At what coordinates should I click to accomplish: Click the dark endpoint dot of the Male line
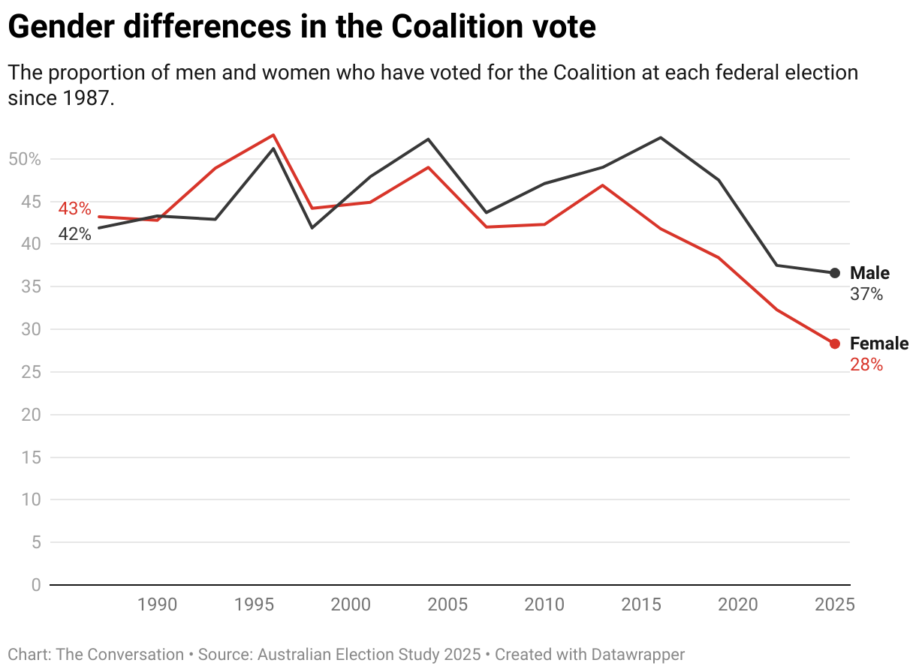pos(835,273)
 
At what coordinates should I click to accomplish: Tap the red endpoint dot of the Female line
pos(835,343)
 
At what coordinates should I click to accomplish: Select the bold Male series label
pos(869,273)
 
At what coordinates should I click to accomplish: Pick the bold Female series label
pos(878,343)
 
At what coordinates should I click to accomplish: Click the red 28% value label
pos(866,365)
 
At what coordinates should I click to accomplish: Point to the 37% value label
pos(866,295)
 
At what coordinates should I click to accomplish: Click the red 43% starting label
pos(74,208)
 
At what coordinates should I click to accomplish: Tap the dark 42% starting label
pos(74,234)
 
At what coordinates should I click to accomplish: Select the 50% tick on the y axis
pos(24,159)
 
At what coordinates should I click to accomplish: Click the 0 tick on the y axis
pos(36,584)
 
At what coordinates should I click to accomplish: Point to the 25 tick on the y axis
pos(30,372)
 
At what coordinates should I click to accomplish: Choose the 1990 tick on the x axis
pos(157,604)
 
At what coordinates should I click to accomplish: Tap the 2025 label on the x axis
pos(834,604)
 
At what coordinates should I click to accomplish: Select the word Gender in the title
pos(59,28)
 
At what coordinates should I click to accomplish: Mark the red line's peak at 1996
pos(273,135)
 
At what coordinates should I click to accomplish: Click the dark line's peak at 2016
pos(661,137)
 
